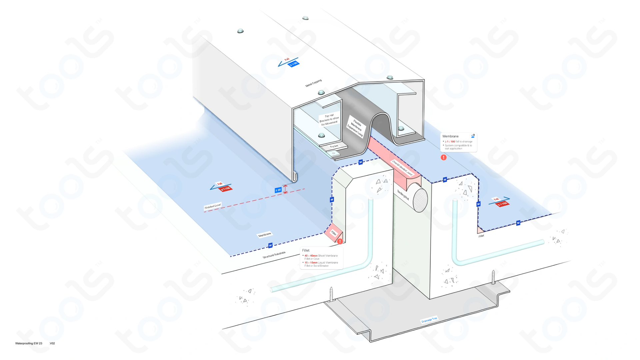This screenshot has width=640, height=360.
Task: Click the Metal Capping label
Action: coord(313,83)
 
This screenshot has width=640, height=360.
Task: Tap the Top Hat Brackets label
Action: coord(329,120)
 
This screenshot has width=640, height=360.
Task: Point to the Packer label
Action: coord(334,146)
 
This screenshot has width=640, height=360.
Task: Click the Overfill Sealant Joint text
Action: coord(402,168)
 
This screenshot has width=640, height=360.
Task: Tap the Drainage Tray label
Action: coord(429,320)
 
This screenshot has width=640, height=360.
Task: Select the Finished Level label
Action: coord(213,206)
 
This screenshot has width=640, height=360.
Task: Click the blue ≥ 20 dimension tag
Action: coord(278,190)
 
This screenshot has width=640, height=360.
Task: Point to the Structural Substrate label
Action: coord(274,255)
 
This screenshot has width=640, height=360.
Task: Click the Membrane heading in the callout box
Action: coord(450,136)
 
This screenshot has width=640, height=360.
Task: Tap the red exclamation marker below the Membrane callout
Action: coord(444,157)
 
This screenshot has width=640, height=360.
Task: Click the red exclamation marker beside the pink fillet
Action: coord(340,241)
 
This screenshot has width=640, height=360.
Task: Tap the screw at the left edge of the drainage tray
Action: coord(331,294)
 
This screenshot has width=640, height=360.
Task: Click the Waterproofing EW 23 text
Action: coord(29,343)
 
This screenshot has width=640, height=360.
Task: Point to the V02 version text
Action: coord(52,343)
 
